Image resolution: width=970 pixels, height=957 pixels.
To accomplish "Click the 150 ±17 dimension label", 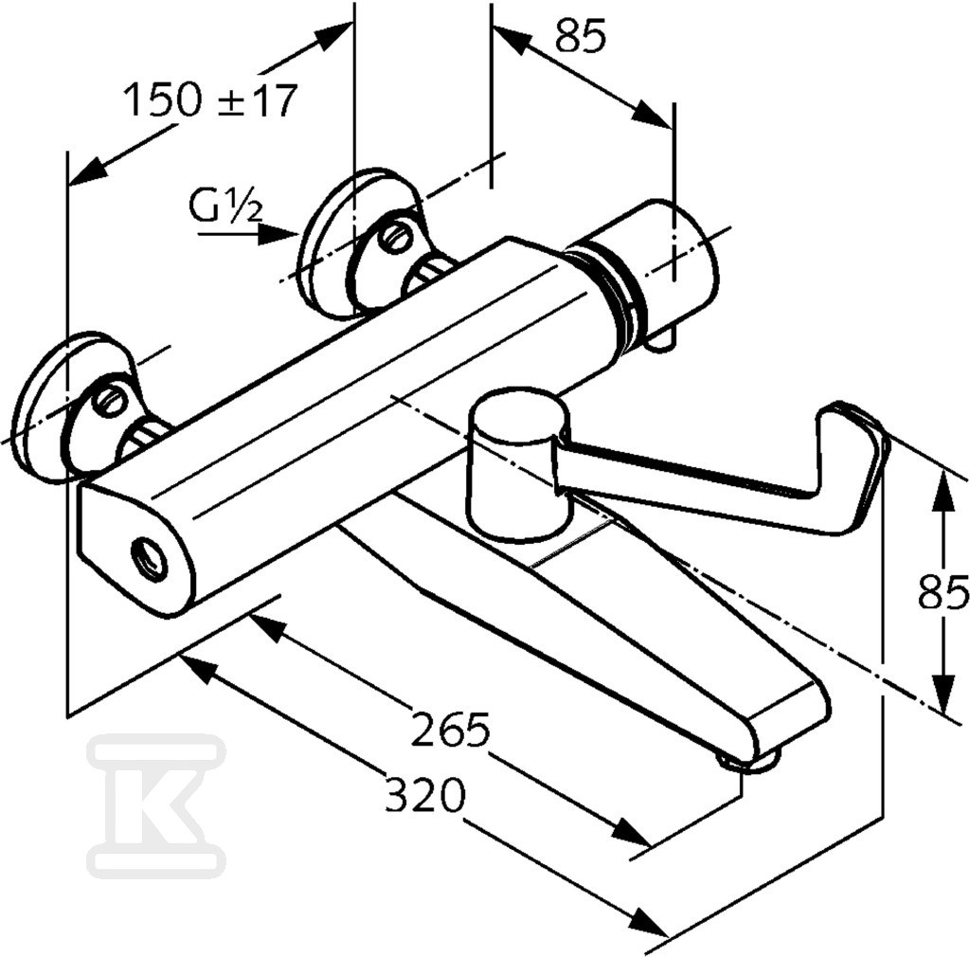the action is coord(210,100).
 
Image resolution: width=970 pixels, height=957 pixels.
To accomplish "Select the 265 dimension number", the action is coord(450,730).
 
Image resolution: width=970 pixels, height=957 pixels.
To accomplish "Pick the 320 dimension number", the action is coord(424,796).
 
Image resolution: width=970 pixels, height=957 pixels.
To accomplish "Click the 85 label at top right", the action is coord(581,35).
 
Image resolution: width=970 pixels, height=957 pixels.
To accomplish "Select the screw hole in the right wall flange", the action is coord(395,236).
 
